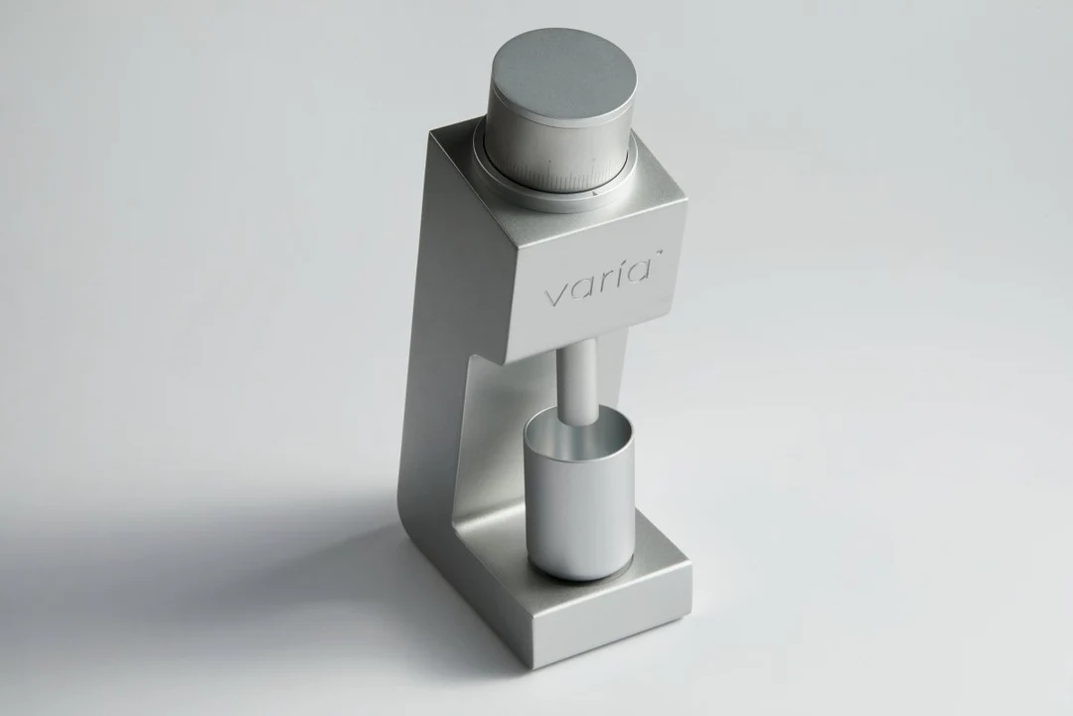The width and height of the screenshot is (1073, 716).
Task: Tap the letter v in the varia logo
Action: tap(555, 296)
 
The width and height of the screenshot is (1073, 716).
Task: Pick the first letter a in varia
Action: tap(581, 288)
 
